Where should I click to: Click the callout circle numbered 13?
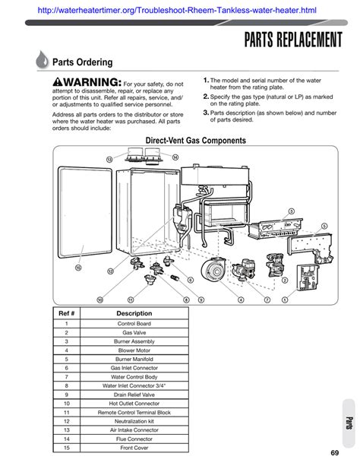pos(109,160)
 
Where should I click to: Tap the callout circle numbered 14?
pos(175,157)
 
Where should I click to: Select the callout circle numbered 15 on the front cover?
pos(77,267)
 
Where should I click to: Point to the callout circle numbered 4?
pos(241,300)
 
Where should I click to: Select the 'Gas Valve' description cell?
pos(134,332)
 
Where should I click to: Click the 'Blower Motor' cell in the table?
pos(134,350)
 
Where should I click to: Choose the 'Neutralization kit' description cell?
pos(134,421)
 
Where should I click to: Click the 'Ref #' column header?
pos(65,313)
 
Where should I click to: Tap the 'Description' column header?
pos(134,313)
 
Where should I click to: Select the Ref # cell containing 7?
pos(66,377)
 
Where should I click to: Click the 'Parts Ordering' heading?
pos(87,62)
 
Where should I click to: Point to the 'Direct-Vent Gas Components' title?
pos(195,141)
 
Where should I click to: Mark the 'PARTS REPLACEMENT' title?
pos(293,40)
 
